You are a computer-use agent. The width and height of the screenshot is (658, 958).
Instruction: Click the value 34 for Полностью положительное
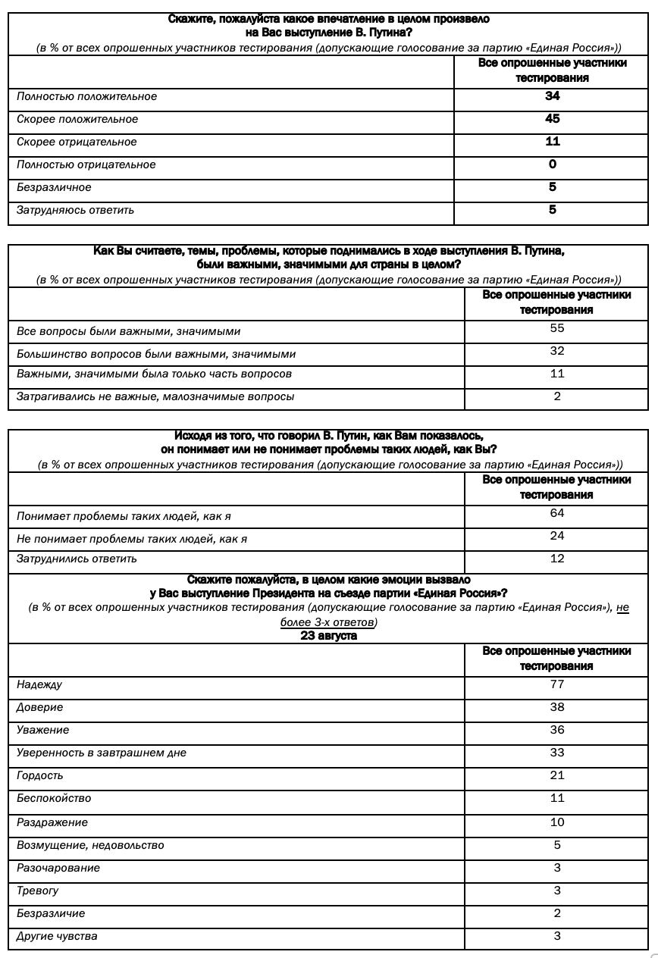[552, 96]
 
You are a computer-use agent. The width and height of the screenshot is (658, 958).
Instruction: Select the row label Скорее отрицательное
[77, 142]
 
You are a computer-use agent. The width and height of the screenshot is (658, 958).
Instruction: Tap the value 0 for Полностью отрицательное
[552, 164]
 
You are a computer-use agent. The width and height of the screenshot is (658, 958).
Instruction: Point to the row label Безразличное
[54, 187]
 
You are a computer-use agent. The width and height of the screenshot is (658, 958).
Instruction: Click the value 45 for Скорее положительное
[552, 119]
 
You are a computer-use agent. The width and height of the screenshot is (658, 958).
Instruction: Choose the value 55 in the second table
[557, 329]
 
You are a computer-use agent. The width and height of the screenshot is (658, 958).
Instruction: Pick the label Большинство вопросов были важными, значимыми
[156, 354]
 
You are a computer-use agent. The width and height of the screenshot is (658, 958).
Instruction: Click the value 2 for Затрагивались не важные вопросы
[557, 396]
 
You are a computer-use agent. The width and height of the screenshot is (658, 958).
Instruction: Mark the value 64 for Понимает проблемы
[557, 514]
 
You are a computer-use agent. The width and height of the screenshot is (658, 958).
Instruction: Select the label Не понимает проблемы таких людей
[132, 539]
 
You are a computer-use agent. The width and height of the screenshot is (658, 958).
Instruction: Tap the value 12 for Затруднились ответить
[557, 559]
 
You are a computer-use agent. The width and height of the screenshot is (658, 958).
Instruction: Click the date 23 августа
[328, 636]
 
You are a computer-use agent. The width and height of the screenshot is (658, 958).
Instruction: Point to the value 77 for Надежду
[557, 684]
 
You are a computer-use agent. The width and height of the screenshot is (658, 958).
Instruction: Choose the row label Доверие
[39, 707]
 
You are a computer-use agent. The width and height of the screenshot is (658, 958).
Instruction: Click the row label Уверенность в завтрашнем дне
[102, 753]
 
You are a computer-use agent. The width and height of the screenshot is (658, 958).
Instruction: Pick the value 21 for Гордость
[557, 775]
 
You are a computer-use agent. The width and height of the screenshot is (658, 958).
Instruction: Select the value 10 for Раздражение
[557, 822]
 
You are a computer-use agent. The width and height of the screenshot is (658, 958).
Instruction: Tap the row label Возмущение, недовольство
[90, 845]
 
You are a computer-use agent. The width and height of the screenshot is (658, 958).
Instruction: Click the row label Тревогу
[38, 891]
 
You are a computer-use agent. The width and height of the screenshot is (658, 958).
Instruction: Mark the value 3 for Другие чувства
[557, 936]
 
